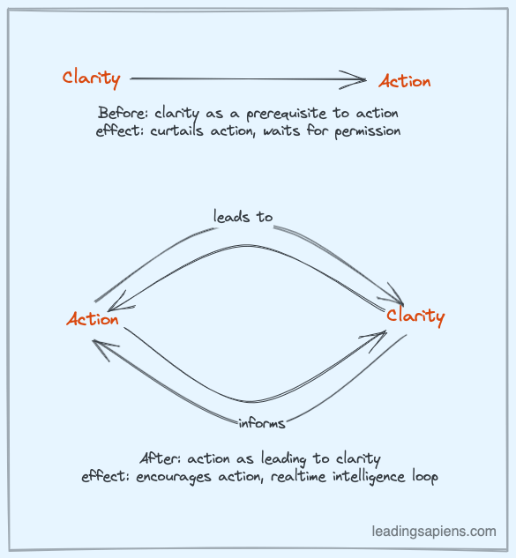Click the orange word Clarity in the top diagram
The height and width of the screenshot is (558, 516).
(91, 78)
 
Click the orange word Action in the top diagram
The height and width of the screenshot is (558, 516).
(405, 82)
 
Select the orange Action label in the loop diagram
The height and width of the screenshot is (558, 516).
(93, 319)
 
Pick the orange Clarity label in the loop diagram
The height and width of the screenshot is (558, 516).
(415, 316)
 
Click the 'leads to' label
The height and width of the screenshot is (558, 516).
(243, 216)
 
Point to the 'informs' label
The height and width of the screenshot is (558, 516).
(262, 423)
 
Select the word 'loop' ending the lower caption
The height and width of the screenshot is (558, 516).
(425, 477)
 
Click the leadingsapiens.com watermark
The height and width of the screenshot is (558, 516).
(433, 532)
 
